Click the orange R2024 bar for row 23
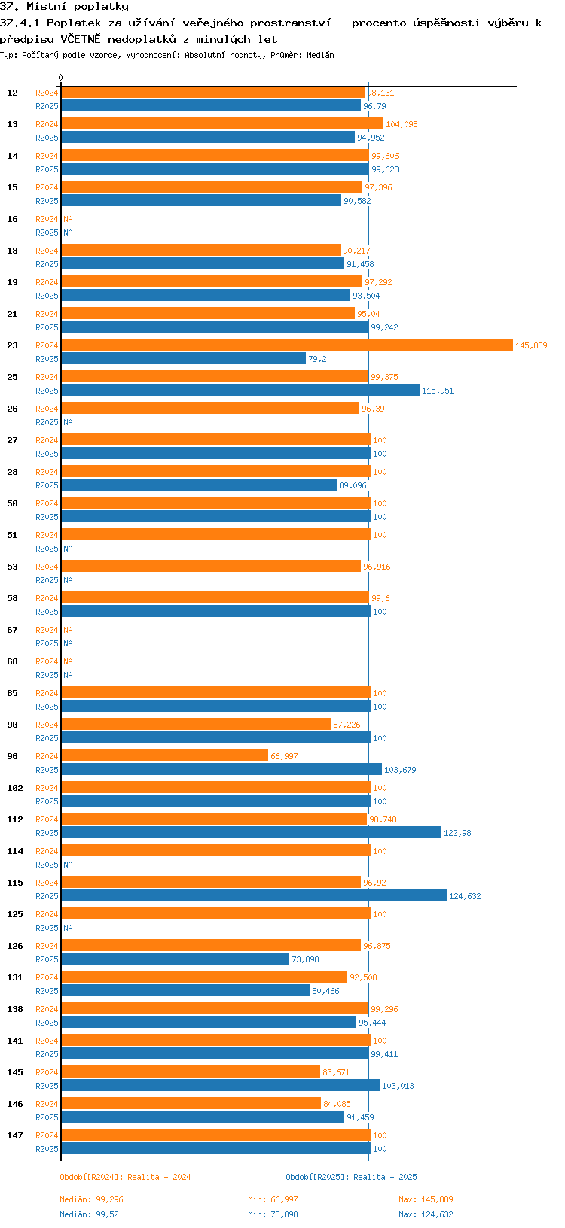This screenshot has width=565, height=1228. coord(286,345)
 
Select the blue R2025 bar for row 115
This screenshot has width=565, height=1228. coord(254,895)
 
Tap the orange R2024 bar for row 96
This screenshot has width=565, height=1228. coord(164,755)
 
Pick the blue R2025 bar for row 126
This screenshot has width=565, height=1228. coord(175,959)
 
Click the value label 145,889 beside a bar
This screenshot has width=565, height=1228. coord(531,345)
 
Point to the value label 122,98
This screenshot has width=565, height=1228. coord(457,833)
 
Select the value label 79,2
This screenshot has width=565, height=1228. coord(317,359)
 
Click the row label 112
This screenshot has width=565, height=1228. coord(15,819)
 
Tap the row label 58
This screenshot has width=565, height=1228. coord(13,598)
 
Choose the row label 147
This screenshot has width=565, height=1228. coord(15,1135)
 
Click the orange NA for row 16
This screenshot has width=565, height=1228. coord(68,219)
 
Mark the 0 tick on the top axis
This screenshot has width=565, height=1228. coord(61,78)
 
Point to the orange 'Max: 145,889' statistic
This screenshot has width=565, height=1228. coord(426,1199)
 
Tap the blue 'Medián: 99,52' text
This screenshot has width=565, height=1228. coord(89,1214)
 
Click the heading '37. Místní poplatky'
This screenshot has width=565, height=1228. coord(64,7)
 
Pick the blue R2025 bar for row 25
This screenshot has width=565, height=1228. coord(240,390)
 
